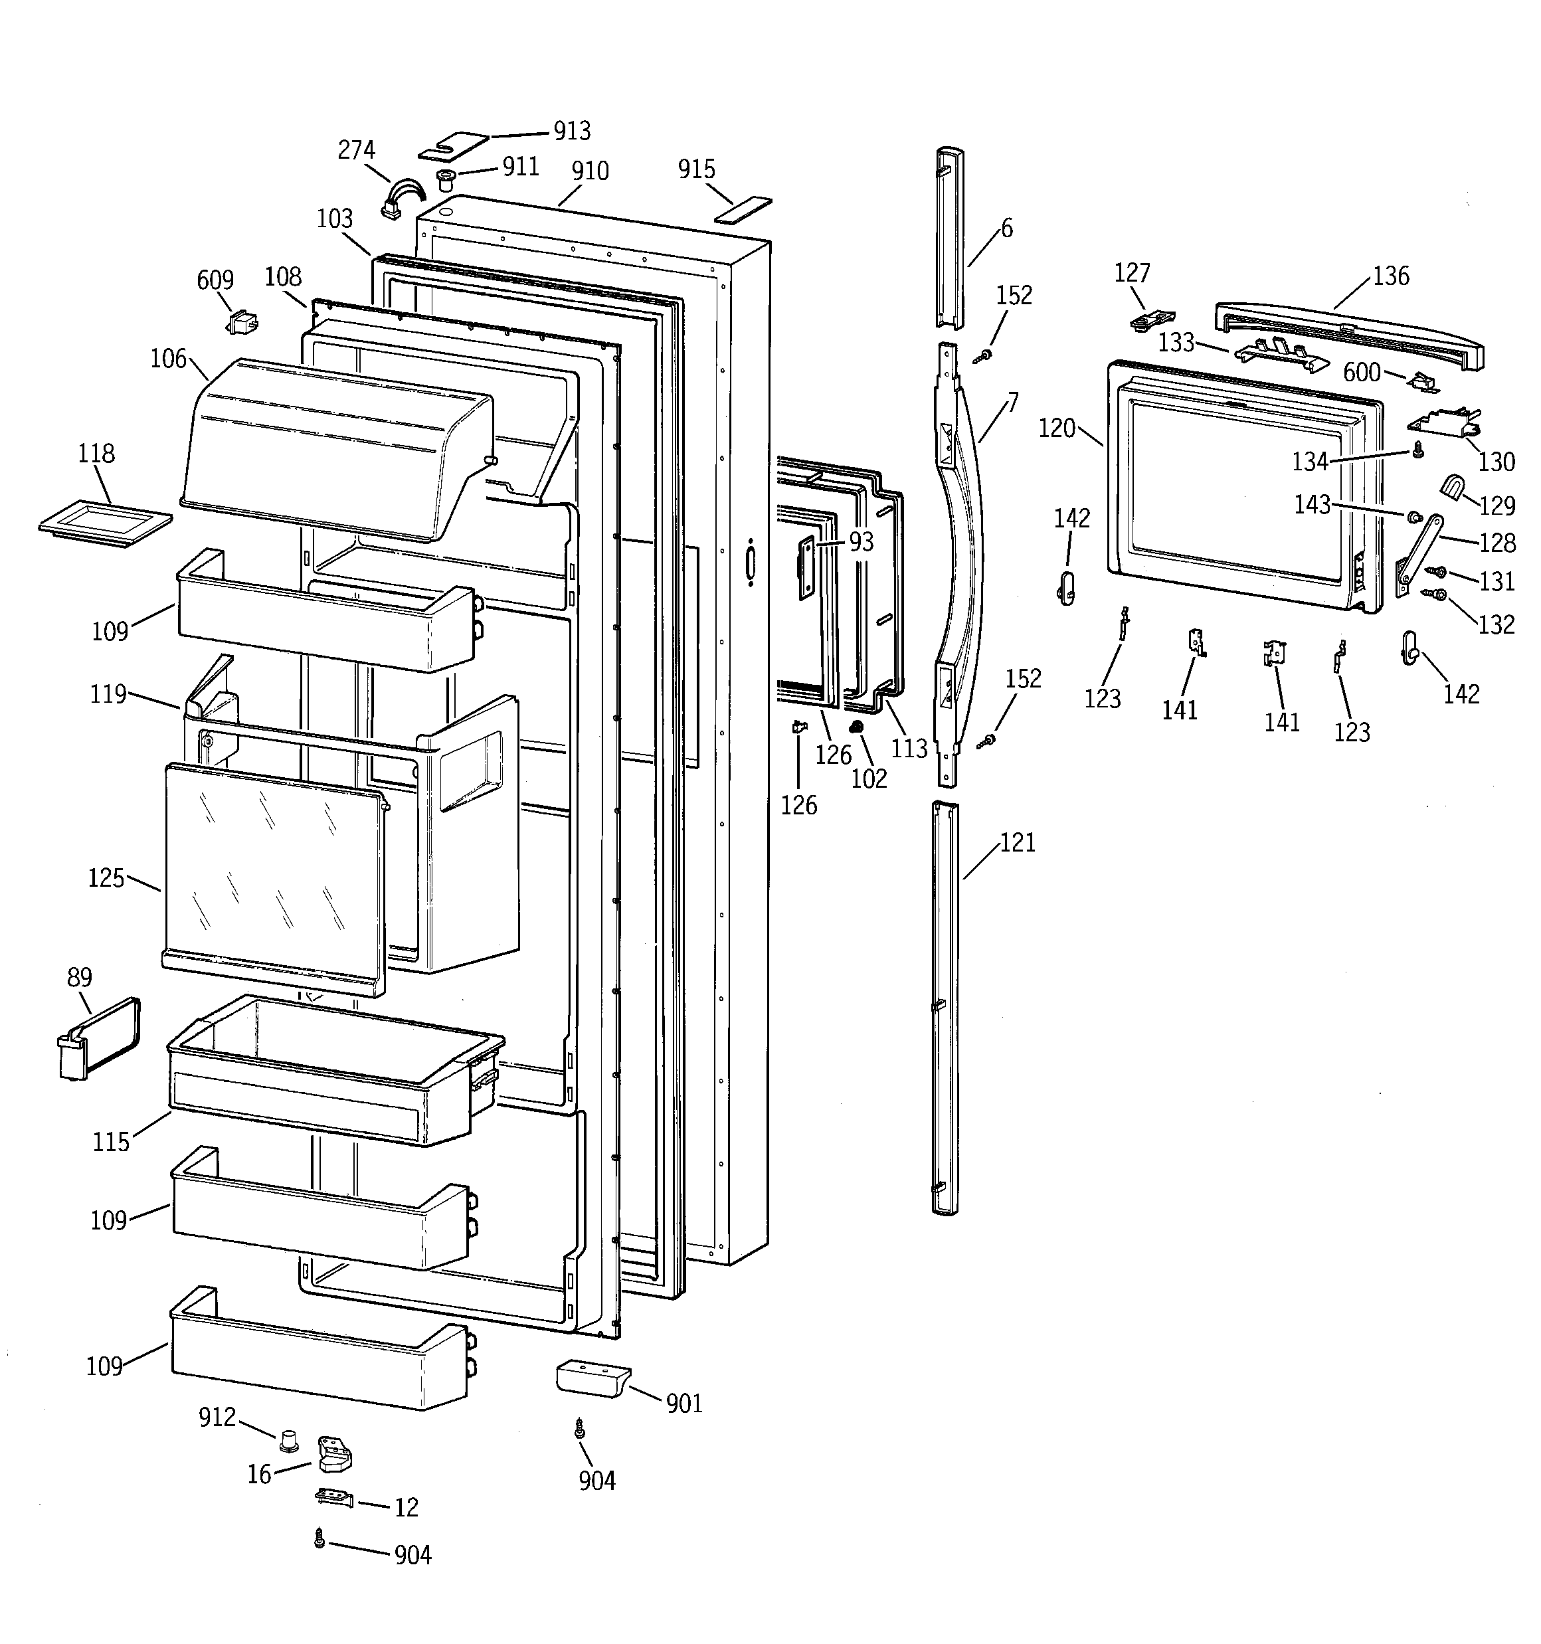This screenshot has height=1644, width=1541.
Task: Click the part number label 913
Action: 572,131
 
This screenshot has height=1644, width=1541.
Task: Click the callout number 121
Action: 1018,843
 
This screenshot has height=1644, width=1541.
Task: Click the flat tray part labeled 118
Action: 105,523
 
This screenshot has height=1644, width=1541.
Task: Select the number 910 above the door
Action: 590,171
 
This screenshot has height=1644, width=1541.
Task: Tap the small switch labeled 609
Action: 242,321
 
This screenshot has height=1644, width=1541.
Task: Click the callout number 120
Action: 1056,428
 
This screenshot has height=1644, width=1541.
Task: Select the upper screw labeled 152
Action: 984,355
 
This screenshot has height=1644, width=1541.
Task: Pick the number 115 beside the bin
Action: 111,1142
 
